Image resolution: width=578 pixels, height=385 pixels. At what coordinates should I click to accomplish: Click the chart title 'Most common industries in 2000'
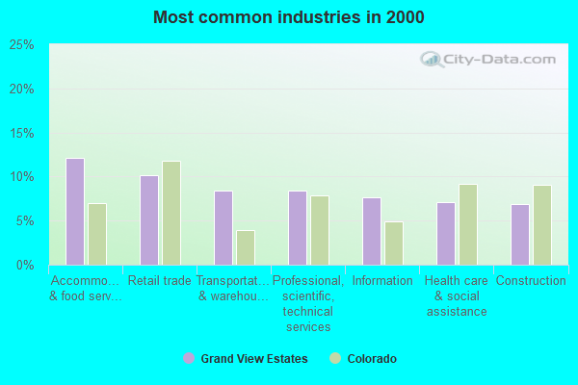pyautogui.click(x=288, y=17)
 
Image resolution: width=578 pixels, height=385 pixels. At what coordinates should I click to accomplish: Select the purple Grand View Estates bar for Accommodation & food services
pyautogui.click(x=75, y=212)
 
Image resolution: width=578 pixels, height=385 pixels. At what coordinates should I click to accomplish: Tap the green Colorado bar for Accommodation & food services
pyautogui.click(x=97, y=234)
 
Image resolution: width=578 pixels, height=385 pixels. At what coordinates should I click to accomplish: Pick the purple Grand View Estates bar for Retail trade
pyautogui.click(x=149, y=220)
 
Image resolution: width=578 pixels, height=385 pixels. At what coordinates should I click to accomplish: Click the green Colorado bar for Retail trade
pyautogui.click(x=171, y=213)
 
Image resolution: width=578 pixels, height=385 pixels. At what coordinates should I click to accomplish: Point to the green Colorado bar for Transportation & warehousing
pyautogui.click(x=246, y=247)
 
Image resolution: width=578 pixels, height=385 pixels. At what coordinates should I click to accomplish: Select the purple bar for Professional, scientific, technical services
pyautogui.click(x=298, y=228)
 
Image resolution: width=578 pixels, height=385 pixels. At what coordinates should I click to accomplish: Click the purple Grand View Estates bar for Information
pyautogui.click(x=372, y=231)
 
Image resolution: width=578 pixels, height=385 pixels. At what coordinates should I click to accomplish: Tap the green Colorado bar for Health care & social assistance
pyautogui.click(x=468, y=224)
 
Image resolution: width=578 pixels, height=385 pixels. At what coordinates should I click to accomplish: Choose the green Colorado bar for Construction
pyautogui.click(x=542, y=225)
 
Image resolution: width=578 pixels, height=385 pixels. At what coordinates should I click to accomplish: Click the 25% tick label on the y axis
pyautogui.click(x=22, y=45)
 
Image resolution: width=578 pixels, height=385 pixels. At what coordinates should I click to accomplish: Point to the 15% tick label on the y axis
pyautogui.click(x=22, y=133)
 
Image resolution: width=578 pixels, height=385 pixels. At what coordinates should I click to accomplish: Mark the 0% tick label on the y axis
pyautogui.click(x=25, y=265)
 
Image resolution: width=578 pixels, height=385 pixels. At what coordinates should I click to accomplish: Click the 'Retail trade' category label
pyautogui.click(x=160, y=281)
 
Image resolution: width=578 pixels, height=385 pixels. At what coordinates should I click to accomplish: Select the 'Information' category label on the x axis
pyautogui.click(x=382, y=281)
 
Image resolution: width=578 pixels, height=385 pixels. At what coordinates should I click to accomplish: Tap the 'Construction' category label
pyautogui.click(x=531, y=281)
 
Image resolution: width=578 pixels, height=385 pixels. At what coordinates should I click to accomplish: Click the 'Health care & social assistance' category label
pyautogui.click(x=457, y=295)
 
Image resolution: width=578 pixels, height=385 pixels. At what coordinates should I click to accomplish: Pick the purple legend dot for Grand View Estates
pyautogui.click(x=189, y=359)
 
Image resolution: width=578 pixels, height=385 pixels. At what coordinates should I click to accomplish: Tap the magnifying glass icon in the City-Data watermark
pyautogui.click(x=432, y=60)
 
